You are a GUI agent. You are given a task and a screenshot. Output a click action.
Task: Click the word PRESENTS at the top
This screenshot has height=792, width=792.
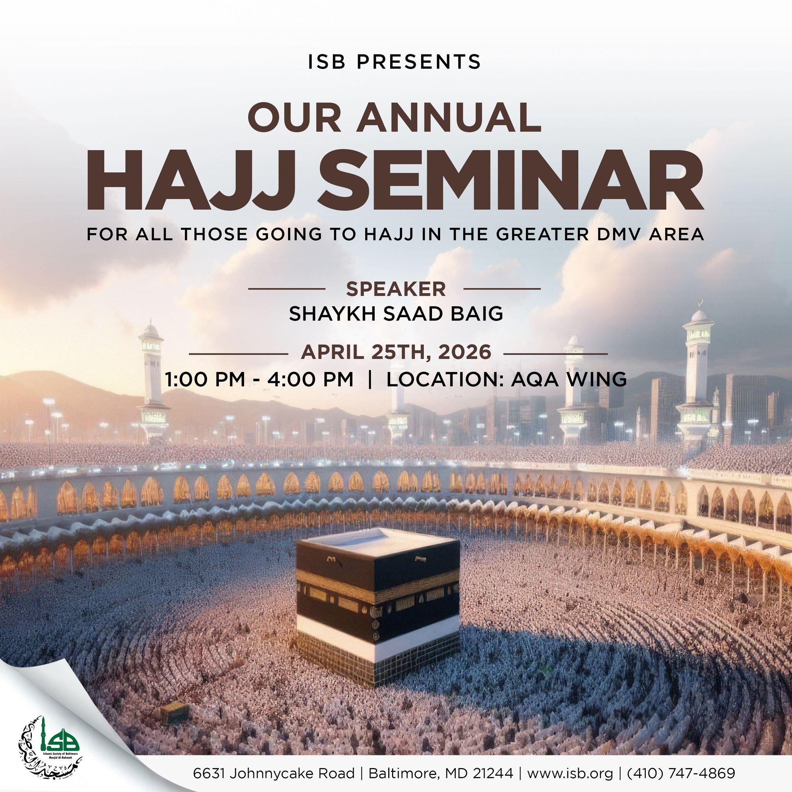(418, 61)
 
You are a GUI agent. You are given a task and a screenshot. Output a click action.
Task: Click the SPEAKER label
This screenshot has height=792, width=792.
(396, 289)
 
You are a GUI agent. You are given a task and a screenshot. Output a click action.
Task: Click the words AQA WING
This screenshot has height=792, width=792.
(568, 379)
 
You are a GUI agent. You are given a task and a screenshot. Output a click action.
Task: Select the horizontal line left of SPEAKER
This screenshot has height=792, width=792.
(287, 289)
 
